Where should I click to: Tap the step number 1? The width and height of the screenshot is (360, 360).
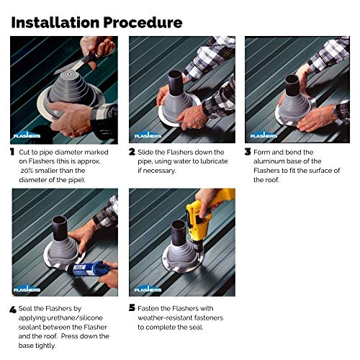point(12,153)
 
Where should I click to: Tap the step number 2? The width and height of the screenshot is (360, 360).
point(132,153)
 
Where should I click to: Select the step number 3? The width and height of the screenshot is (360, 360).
point(248,153)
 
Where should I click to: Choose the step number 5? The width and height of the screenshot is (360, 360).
point(132,307)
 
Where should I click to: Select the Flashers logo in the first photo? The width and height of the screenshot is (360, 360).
point(26,133)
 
